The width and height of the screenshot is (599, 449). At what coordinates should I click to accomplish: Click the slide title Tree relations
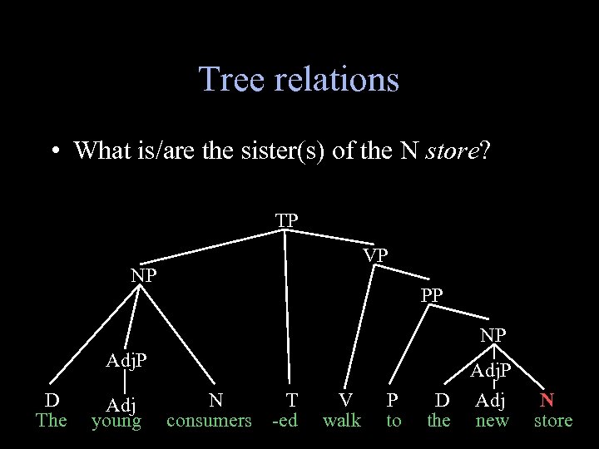(x=299, y=80)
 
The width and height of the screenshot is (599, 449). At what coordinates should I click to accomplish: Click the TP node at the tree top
(x=287, y=220)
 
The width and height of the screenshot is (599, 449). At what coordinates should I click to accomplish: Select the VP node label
(x=375, y=255)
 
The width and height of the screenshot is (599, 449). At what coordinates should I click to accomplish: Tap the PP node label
(x=432, y=294)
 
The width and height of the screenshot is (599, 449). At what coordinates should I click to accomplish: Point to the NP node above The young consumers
(x=143, y=275)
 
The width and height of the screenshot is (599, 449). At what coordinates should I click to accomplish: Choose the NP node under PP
(x=494, y=336)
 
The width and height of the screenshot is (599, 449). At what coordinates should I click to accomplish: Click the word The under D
(x=52, y=421)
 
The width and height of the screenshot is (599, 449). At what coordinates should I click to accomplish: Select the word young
(x=116, y=422)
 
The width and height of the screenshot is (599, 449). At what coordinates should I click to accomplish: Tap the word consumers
(x=209, y=421)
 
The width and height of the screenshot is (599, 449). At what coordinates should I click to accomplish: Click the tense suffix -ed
(x=285, y=421)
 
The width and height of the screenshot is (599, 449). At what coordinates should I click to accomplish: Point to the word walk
(x=342, y=421)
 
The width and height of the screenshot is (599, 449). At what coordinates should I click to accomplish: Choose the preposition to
(x=394, y=421)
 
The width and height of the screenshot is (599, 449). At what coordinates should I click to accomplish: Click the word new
(x=492, y=421)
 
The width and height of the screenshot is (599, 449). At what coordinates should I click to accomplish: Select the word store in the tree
(x=553, y=421)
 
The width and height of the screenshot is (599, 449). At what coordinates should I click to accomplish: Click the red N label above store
(x=547, y=400)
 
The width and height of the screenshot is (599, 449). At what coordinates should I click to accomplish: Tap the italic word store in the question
(x=453, y=151)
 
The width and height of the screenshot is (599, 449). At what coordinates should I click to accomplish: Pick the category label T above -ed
(x=291, y=400)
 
